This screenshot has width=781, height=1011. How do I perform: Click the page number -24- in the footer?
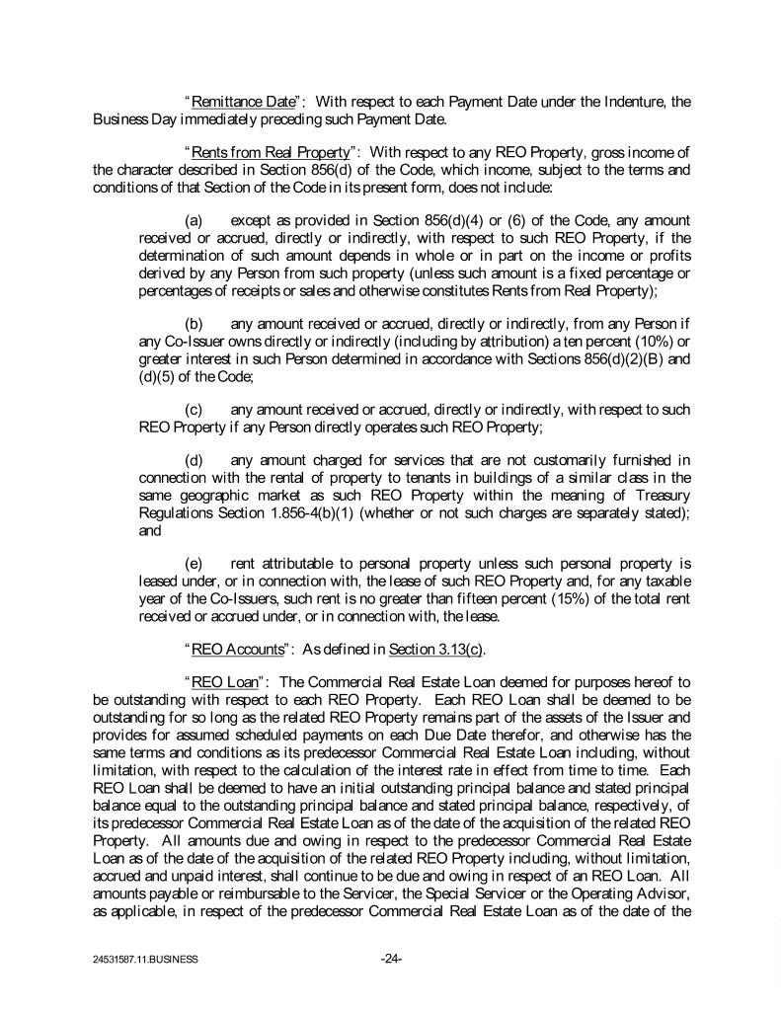(x=391, y=959)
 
